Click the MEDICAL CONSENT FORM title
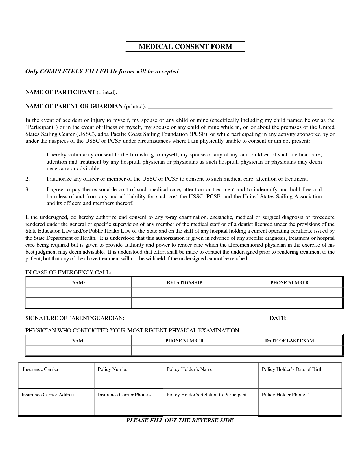[185, 47]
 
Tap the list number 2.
[27, 179]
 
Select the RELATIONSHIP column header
[184, 283]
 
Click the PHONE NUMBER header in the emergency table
[289, 283]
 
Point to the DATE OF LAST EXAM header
[289, 341]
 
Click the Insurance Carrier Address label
[49, 395]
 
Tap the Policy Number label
[113, 369]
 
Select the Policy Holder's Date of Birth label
[292, 369]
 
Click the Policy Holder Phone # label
[285, 395]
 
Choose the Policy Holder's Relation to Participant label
[206, 395]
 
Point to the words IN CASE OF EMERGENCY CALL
[68, 273]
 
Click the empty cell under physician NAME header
[79, 350]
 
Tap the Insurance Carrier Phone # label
[125, 395]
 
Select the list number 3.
[27, 190]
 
